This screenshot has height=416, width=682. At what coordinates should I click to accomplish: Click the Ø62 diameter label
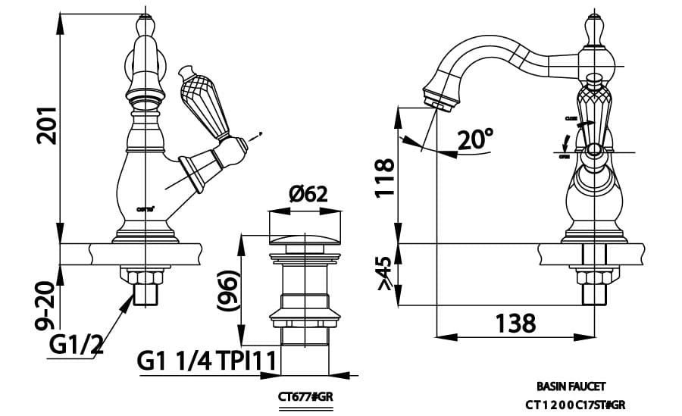308,195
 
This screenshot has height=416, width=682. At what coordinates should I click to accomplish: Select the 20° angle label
476,139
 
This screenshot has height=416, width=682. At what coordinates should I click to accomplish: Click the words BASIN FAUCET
571,386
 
